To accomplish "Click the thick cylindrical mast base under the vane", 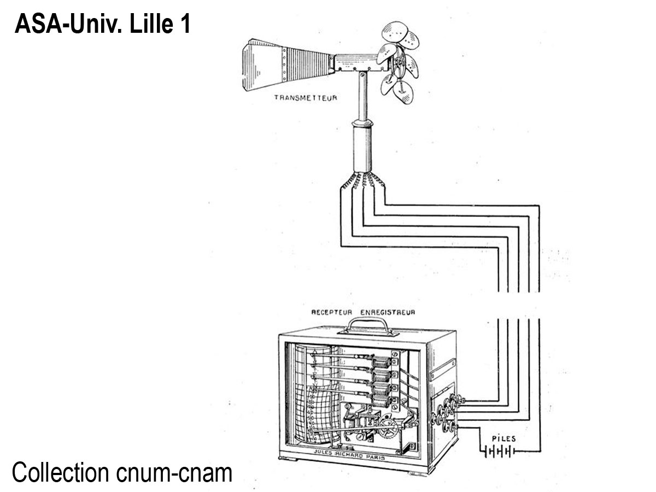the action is click(362, 148).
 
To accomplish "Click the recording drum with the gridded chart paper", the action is click(312, 394).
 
